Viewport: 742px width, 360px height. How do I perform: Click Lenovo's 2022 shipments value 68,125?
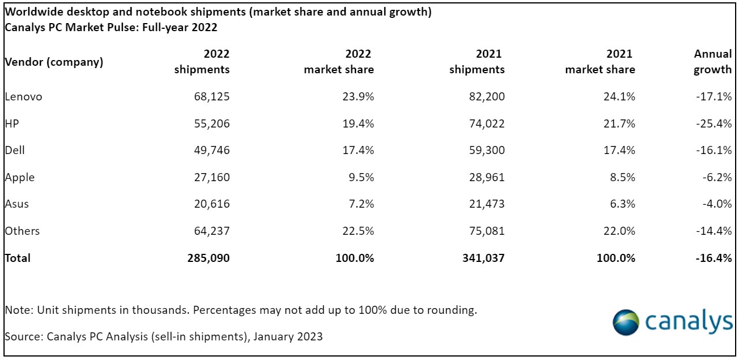click(x=212, y=96)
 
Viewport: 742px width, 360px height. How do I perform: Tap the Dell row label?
click(x=15, y=150)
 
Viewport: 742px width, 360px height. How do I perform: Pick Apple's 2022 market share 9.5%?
click(x=359, y=177)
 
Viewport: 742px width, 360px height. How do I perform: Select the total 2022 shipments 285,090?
click(x=208, y=258)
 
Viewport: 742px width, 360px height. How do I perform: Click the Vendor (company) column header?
click(x=54, y=62)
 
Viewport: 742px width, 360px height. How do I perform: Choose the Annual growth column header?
click(x=713, y=62)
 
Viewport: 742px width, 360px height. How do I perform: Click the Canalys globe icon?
click(x=625, y=322)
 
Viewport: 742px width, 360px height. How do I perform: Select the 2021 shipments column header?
click(x=477, y=62)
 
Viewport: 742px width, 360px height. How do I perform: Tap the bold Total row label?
click(x=18, y=258)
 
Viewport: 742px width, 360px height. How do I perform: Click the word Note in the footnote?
click(x=18, y=310)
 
